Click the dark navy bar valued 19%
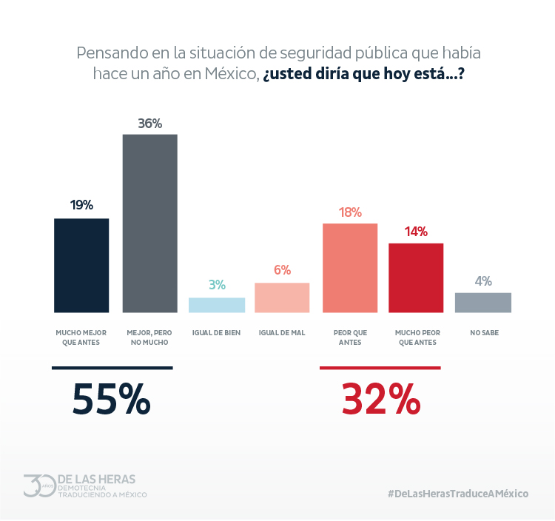pos(81,265)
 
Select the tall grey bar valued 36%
pos(149,223)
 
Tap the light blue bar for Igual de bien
pos(216,305)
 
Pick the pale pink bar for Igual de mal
pos(282,298)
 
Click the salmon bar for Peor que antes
pos(350,267)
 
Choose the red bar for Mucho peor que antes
pos(416,278)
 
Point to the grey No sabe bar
pos(482,302)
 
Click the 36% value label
pos(149,124)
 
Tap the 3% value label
pos(216,285)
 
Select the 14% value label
pos(416,232)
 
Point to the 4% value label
pos(482,281)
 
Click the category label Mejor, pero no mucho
pos(149,337)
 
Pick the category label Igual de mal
pos(282,333)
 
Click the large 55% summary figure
pos(111,400)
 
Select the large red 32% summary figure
pos(380,400)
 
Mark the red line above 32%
pos(380,368)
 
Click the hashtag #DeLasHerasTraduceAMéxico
pos(458,494)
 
